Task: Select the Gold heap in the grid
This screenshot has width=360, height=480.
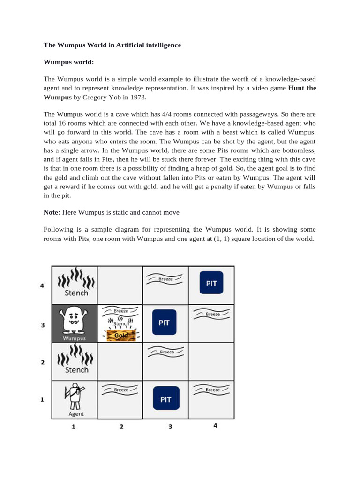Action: pos(120,335)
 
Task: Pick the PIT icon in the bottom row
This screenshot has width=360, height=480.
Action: pos(166,399)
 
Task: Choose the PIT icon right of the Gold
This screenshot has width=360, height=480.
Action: pos(165,322)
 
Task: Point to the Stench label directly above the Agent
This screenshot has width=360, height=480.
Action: pos(76,369)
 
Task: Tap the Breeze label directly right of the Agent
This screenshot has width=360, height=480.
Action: pos(120,389)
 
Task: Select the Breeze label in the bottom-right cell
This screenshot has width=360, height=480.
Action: pos(212,389)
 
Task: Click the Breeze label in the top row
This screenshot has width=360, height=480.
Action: pos(165,278)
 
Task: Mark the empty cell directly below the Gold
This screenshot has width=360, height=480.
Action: pos(120,361)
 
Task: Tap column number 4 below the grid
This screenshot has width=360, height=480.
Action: pos(216,426)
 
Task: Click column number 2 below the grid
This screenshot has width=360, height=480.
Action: pos(121,427)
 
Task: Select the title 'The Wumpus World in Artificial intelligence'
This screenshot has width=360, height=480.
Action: pos(112,45)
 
